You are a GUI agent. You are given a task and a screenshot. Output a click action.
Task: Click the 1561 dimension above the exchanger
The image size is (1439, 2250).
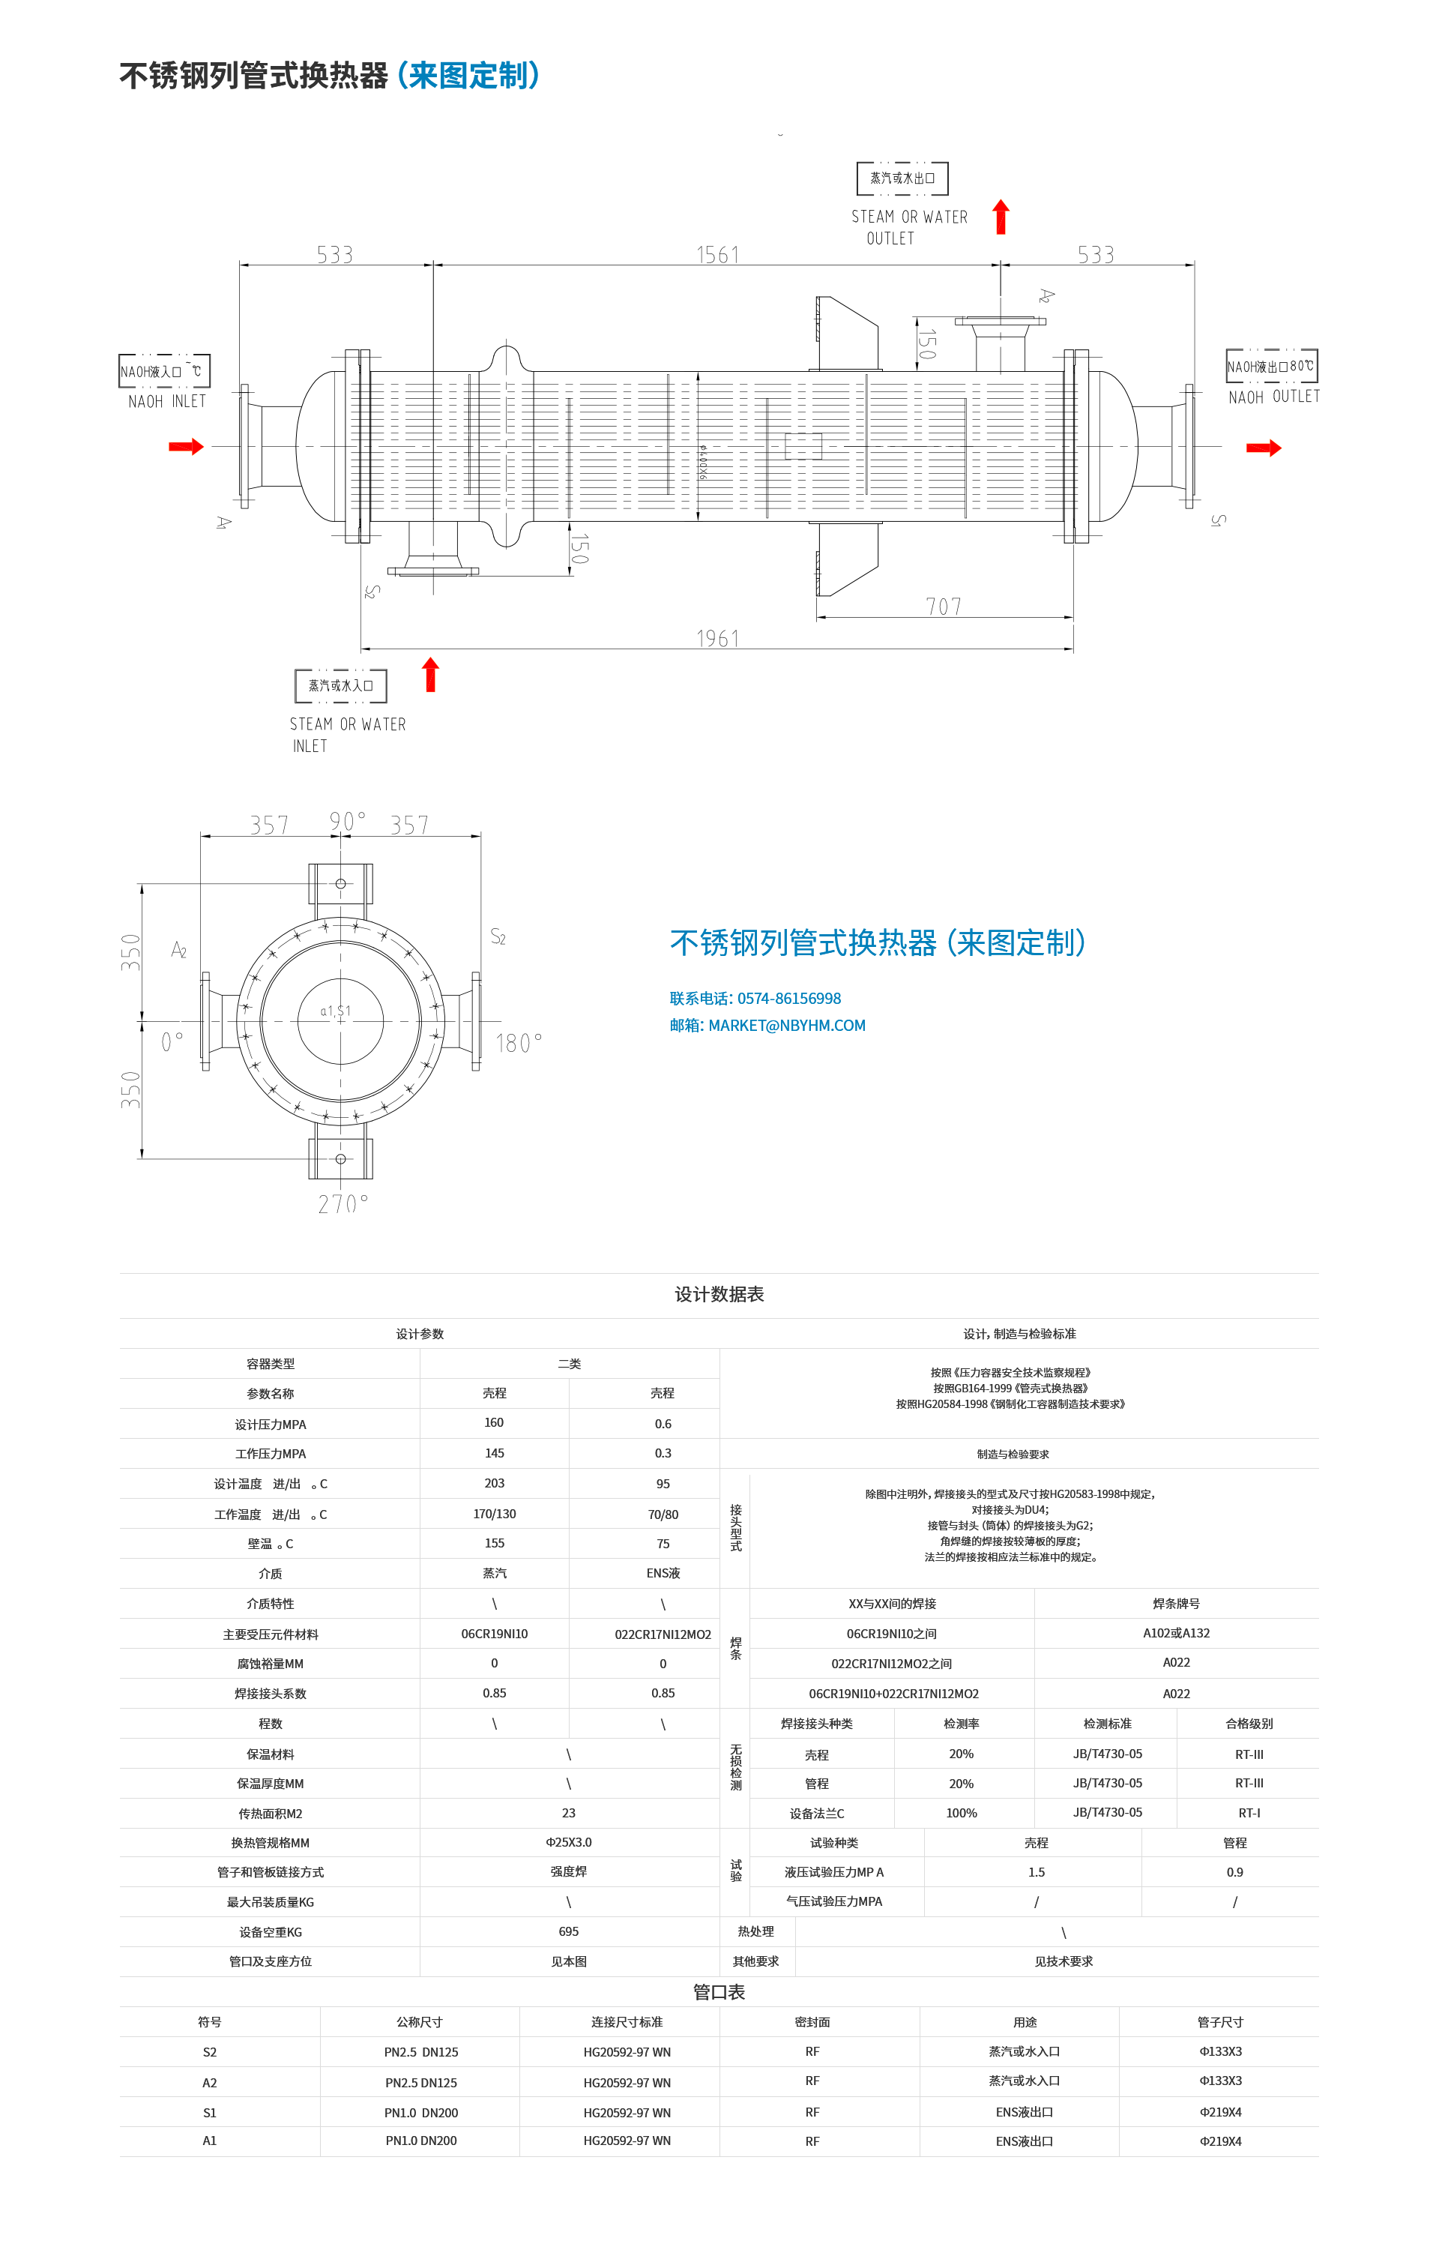718,255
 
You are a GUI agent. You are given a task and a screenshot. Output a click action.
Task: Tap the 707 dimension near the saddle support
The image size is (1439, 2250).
944,607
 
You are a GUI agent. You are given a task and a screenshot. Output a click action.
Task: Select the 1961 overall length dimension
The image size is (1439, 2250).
718,639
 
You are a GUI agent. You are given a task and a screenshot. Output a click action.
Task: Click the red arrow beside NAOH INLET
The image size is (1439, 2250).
186,447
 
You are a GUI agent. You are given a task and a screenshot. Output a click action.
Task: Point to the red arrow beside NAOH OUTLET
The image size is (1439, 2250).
1264,448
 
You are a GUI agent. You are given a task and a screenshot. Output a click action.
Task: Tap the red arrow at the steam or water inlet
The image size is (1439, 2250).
431,674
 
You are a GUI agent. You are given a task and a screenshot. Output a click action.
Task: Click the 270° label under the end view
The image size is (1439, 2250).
343,1204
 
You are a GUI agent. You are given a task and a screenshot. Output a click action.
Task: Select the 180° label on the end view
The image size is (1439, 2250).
519,1043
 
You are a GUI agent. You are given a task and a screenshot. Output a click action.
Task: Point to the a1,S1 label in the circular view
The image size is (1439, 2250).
336,1011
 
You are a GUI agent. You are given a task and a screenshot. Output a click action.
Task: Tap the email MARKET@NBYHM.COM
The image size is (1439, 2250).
786,1026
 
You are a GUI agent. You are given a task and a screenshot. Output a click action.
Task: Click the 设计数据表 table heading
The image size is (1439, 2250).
719,1294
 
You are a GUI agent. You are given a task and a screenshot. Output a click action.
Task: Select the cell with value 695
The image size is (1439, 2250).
568,1931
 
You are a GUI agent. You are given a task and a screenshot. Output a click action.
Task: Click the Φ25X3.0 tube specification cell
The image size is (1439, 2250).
568,1841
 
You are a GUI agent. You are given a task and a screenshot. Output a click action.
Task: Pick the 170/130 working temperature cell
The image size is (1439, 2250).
495,1514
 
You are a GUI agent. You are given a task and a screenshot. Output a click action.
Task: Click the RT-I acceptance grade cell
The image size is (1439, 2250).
1249,1813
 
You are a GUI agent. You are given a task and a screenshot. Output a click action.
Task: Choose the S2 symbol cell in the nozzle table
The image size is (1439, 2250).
209,2052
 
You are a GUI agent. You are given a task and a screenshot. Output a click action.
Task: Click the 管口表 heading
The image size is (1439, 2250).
719,1992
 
